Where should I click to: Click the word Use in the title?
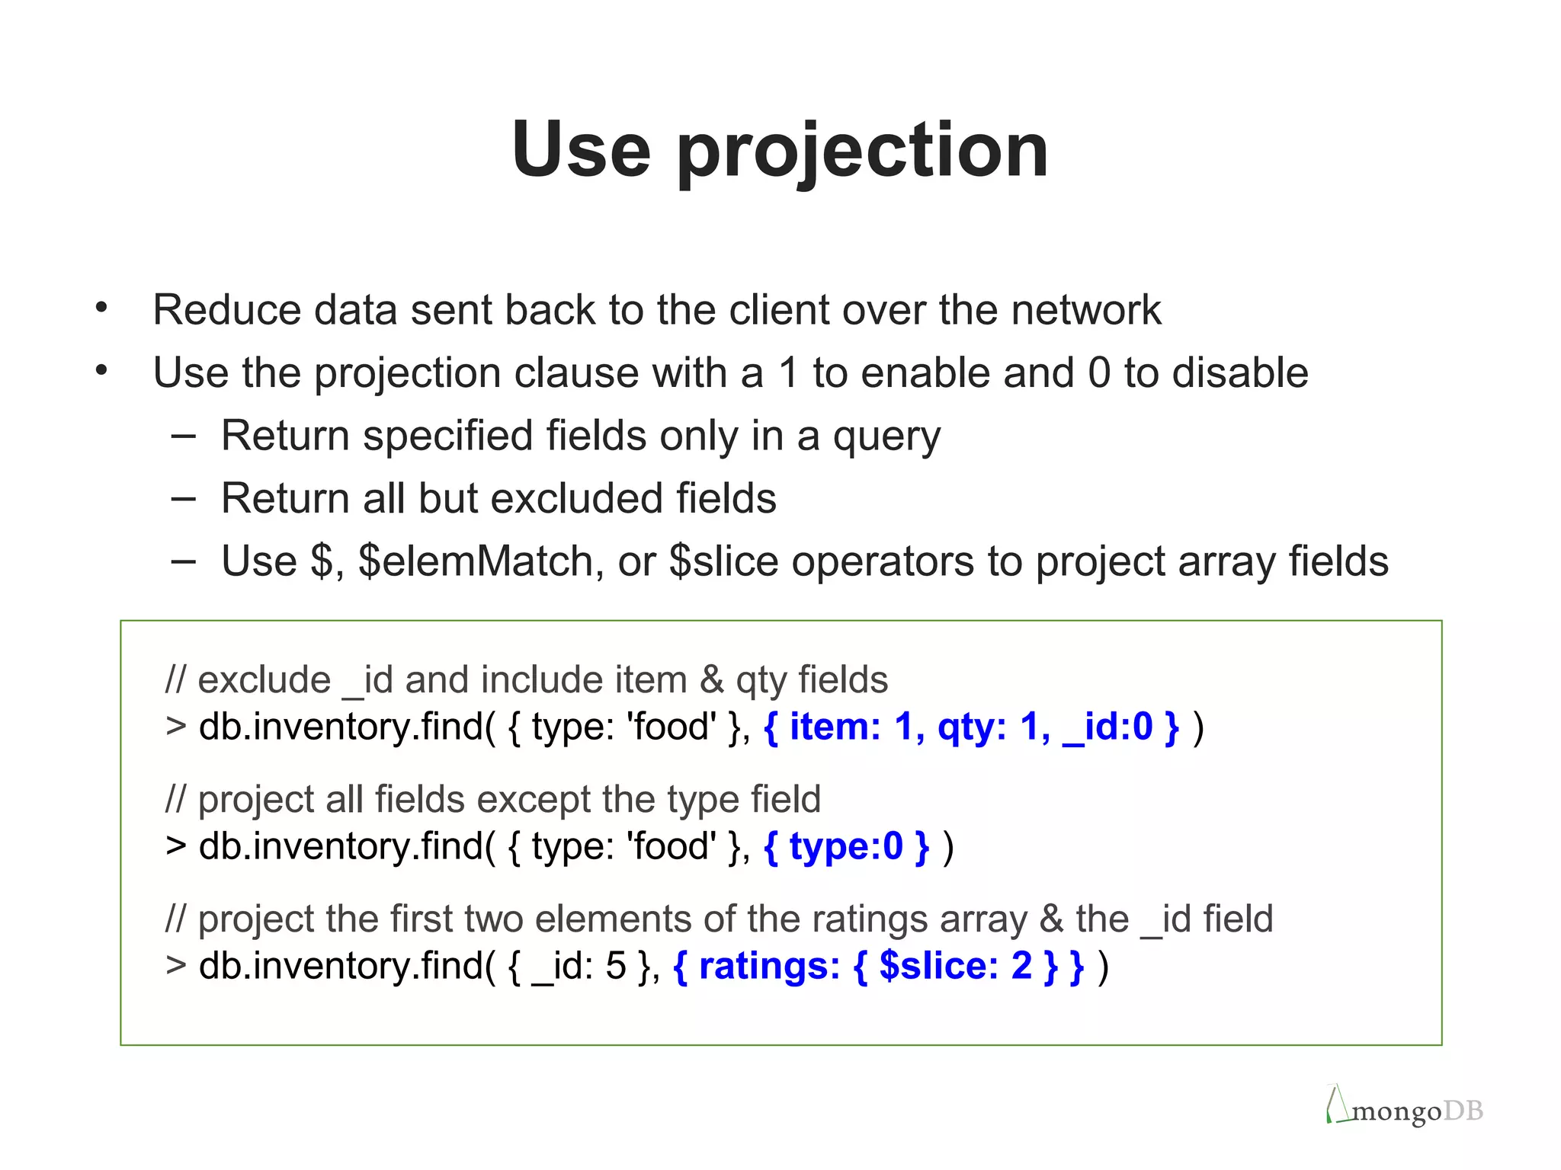click(x=581, y=151)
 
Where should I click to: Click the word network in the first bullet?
click(x=1085, y=311)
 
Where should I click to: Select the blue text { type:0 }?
click(x=846, y=847)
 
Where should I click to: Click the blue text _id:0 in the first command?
click(x=1107, y=727)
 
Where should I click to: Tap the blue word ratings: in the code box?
click(x=768, y=967)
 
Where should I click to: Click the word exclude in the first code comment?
click(x=264, y=680)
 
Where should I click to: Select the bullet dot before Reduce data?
click(x=101, y=308)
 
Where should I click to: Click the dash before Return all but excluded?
click(x=183, y=499)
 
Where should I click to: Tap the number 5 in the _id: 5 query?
click(x=615, y=967)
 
